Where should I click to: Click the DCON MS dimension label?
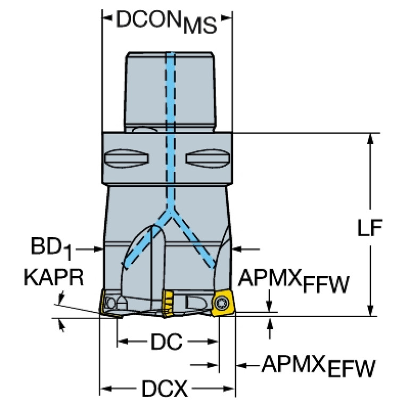[166, 22]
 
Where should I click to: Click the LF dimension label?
[370, 228]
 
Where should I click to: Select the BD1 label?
[51, 248]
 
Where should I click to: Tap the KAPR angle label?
[54, 277]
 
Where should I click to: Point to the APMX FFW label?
[294, 280]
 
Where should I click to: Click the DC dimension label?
[166, 342]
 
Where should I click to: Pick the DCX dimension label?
[165, 388]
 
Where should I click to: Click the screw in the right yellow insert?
[220, 303]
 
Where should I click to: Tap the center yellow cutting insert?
[168, 304]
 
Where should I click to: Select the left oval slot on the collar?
[127, 158]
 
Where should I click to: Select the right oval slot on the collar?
[207, 158]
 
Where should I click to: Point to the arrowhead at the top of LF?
[370, 139]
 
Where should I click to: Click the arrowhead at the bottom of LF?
[370, 311]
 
